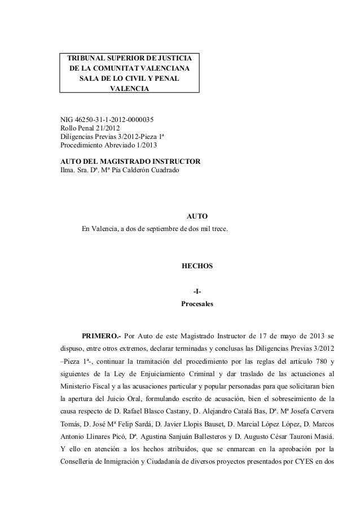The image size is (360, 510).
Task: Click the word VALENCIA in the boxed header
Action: click(130, 89)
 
